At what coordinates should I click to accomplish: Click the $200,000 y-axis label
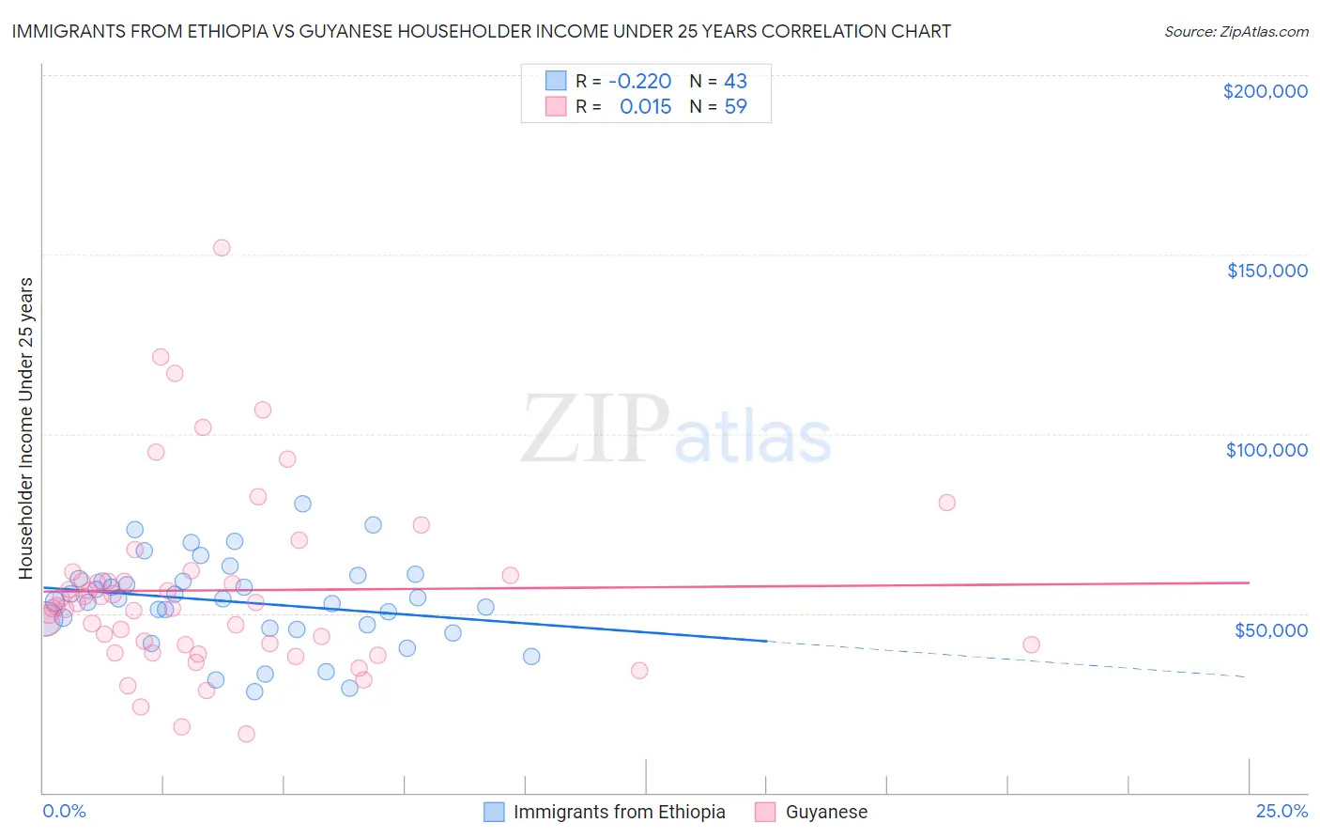[1265, 91]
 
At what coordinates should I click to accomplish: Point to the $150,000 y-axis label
[1266, 271]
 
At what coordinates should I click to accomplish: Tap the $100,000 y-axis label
[1266, 450]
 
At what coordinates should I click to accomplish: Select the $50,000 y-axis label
[1270, 629]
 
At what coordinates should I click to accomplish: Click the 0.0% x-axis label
[64, 811]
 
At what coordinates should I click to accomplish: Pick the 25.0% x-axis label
[1282, 811]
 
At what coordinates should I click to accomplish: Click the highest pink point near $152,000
[222, 248]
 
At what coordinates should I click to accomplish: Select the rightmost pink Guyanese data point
[1031, 644]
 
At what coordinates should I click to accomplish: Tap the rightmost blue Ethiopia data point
[531, 657]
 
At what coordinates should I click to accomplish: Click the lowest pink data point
[246, 734]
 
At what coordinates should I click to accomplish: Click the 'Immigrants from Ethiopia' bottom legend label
[619, 812]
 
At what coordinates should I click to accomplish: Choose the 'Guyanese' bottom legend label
[826, 812]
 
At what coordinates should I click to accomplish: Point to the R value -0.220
[639, 82]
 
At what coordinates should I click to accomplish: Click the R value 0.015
[645, 107]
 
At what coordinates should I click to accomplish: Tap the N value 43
[735, 82]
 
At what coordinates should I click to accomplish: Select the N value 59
[735, 107]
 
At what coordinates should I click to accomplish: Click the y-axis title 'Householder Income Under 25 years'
[26, 427]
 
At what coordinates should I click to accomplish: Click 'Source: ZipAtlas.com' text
[1236, 32]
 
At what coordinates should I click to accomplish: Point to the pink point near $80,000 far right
[946, 503]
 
